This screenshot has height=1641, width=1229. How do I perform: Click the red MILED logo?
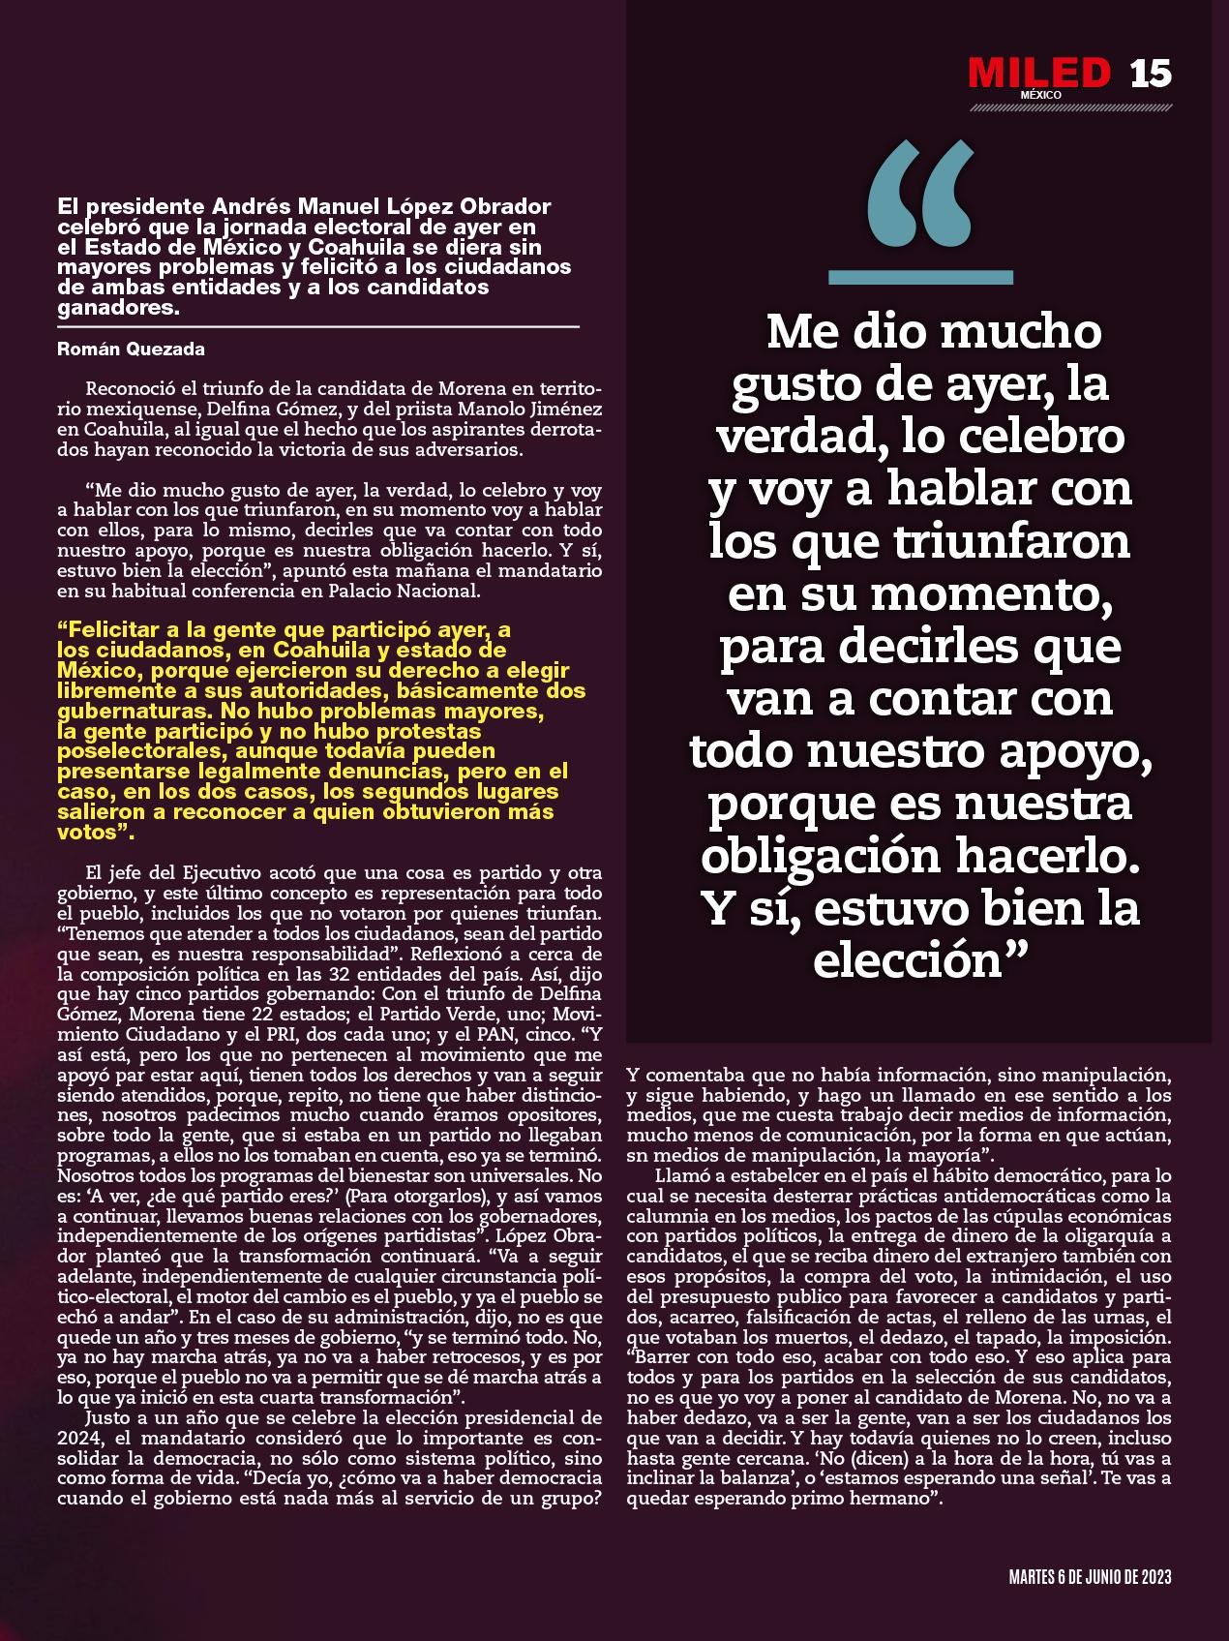pos(1039,73)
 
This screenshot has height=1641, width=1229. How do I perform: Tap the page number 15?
pos(1151,74)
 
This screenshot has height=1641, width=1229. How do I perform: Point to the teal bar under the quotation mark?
pos(920,278)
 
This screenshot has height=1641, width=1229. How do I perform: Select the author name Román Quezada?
pos(131,349)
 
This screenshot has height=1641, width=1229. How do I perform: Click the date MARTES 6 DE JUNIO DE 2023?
pos(1090,1577)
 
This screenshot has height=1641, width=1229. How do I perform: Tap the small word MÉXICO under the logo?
pos(1040,95)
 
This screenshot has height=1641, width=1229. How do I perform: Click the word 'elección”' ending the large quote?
pos(919,960)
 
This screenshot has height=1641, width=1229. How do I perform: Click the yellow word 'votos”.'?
pos(96,833)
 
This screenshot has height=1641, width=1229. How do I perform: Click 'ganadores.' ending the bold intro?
pos(119,308)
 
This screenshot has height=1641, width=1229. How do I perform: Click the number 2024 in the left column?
pos(79,1439)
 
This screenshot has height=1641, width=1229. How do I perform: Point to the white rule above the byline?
pos(318,328)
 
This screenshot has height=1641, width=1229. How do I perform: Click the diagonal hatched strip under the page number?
pos(1070,107)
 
